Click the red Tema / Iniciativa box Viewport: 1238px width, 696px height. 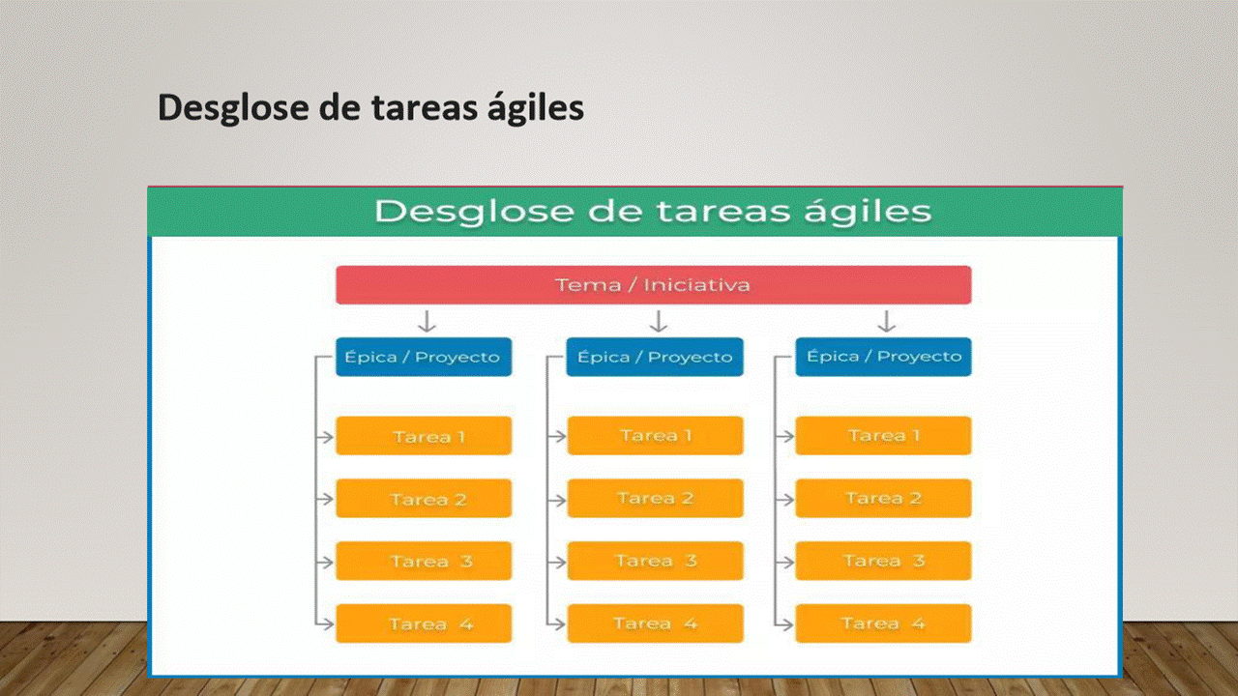pos(653,285)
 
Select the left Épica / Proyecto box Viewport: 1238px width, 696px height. pos(424,357)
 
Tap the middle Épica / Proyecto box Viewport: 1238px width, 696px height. pos(655,357)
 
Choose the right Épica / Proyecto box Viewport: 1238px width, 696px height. pos(883,357)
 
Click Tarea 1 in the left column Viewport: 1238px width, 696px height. pos(424,436)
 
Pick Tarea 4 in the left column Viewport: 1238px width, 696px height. pos(424,623)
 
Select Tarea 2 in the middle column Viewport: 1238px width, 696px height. pos(655,498)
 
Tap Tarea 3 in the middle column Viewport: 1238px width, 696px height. pos(655,561)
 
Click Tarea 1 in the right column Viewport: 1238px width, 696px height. pos(883,436)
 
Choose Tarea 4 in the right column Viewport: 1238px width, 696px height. pos(883,623)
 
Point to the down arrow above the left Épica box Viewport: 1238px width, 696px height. pos(427,321)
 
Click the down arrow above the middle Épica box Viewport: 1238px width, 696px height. pos(658,321)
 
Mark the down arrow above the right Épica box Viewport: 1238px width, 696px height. pos(887,321)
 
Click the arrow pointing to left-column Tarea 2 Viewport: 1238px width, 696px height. pos(324,500)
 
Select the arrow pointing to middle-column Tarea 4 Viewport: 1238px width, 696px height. pos(556,624)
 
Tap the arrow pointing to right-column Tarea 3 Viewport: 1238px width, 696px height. pos(784,562)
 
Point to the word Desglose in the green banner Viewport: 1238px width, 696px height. pos(474,212)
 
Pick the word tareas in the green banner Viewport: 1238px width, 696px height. pos(722,212)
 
